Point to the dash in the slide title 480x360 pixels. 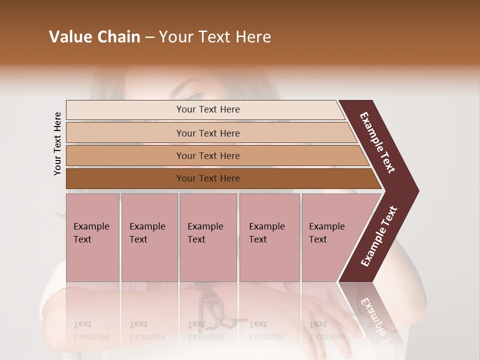pos(149,37)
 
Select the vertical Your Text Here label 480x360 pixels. pos(57,143)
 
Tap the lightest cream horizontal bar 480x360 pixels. pos(207,109)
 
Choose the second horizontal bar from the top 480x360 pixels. pos(207,133)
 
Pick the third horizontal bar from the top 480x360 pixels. pos(207,155)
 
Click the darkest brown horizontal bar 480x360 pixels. pos(207,178)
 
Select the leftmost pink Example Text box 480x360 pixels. pos(92,237)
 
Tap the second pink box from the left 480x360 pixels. pos(149,237)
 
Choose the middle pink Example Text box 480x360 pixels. pos(208,237)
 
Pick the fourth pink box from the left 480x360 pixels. pos(269,237)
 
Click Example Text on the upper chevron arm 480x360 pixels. pos(378,142)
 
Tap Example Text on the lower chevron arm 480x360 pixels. pos(378,236)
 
